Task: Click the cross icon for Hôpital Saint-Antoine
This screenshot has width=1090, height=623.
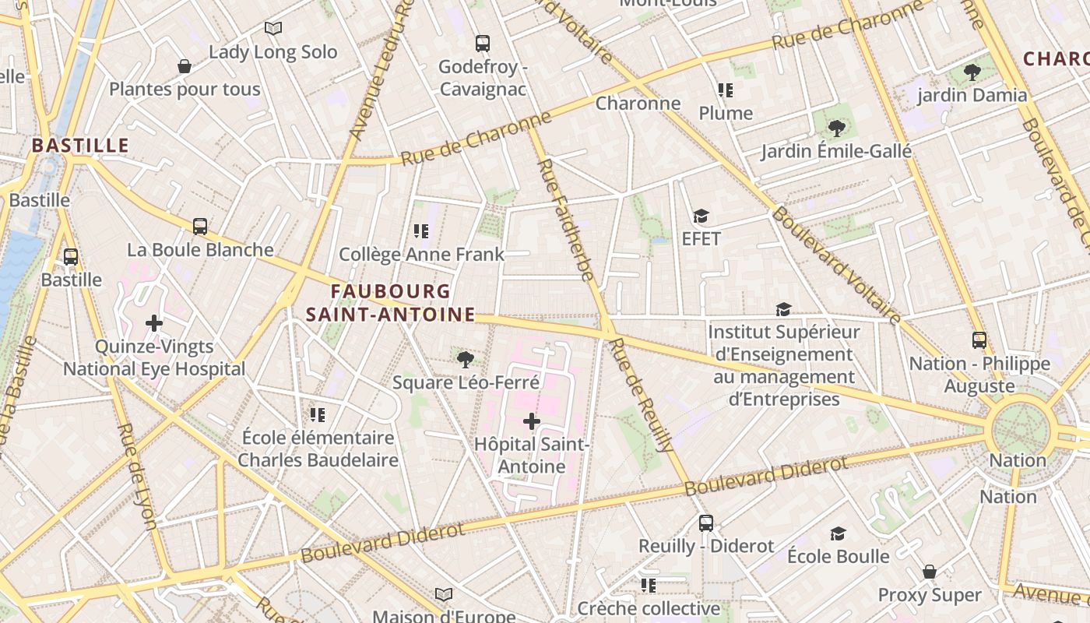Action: click(x=532, y=421)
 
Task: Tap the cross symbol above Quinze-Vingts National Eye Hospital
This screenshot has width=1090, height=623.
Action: click(x=154, y=322)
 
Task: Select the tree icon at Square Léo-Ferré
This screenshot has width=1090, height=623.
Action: click(x=466, y=359)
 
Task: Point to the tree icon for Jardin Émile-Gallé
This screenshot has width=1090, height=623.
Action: click(x=837, y=128)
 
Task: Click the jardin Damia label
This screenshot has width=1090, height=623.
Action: click(x=972, y=96)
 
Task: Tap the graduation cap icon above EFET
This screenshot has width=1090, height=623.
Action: click(x=701, y=216)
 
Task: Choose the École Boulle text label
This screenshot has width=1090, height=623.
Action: click(x=838, y=556)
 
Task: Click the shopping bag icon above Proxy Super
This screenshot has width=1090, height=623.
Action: click(x=930, y=572)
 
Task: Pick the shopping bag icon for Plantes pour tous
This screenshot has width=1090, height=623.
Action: click(x=185, y=66)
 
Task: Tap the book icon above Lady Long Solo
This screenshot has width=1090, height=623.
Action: click(x=272, y=29)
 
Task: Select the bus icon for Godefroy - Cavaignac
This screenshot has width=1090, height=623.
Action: click(x=483, y=44)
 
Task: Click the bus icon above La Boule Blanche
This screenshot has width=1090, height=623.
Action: click(x=200, y=227)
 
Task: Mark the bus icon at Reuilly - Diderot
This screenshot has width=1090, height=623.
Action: click(x=706, y=523)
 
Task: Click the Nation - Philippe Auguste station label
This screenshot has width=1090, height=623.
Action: click(x=979, y=375)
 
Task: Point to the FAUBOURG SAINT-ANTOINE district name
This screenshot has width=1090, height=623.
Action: click(x=390, y=303)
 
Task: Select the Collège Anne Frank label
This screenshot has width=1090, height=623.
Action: click(x=421, y=255)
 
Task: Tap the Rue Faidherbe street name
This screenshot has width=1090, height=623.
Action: click(x=565, y=220)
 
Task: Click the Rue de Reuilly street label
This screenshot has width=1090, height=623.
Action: click(x=643, y=395)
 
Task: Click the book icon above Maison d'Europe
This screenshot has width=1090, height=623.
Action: click(x=444, y=595)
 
